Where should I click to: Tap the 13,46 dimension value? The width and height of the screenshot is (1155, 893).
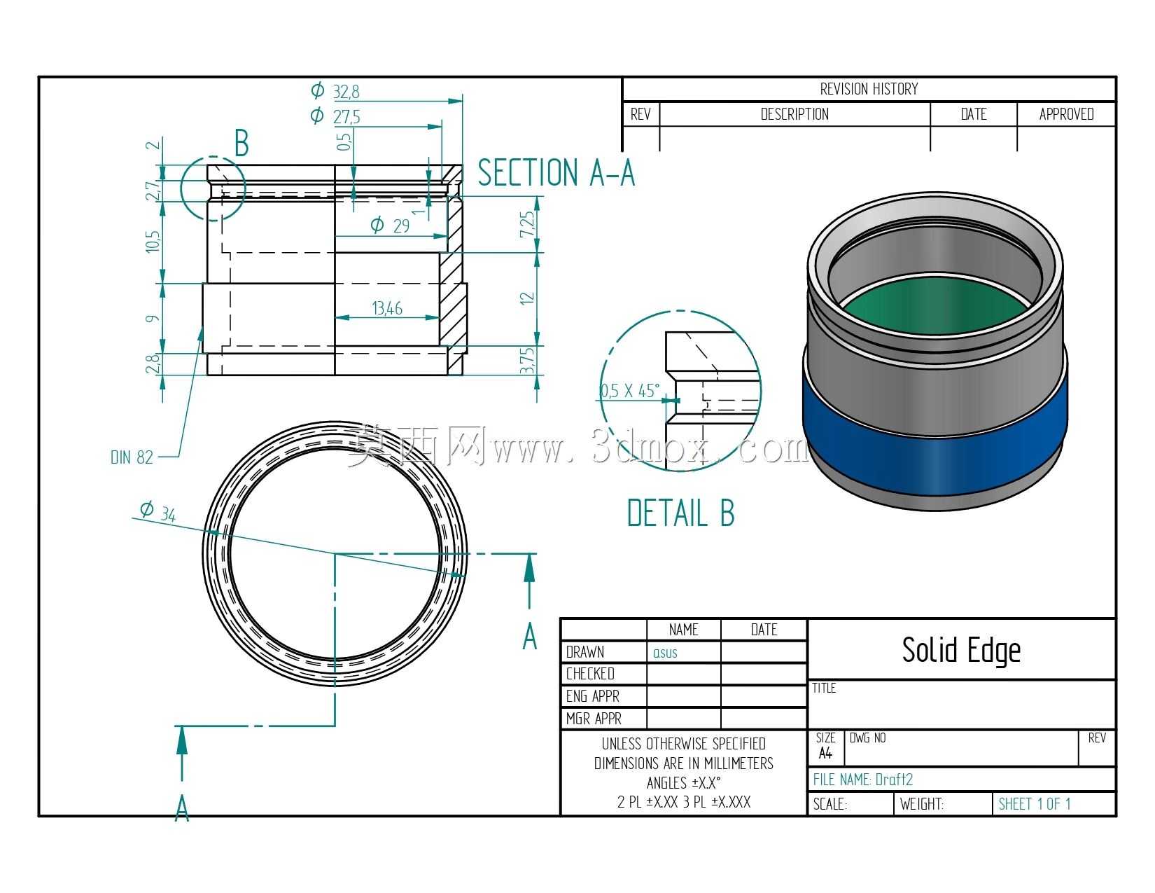pos(387,308)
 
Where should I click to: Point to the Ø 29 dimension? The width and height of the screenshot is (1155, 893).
pos(390,226)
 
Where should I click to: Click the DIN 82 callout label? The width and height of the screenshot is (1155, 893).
pos(132,457)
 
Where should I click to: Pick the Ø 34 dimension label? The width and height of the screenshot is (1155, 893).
pos(158,512)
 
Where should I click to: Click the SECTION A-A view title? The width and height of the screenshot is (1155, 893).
pos(556,172)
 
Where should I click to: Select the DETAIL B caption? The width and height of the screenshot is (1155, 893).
pos(681,513)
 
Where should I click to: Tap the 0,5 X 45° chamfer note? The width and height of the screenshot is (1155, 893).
pos(631,391)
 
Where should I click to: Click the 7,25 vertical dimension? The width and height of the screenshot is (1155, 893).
pos(526,224)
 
